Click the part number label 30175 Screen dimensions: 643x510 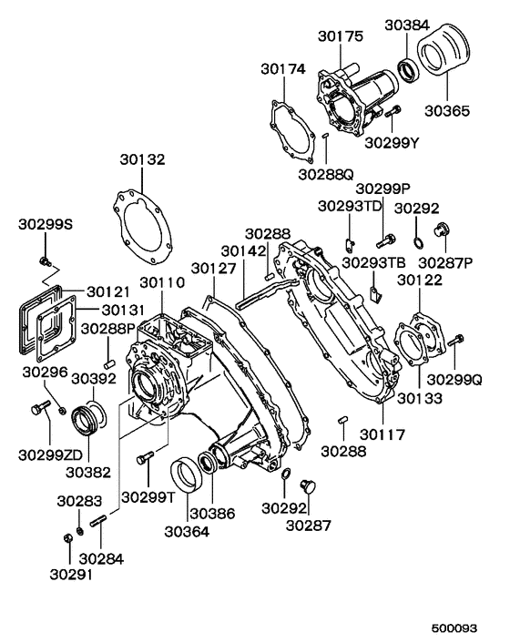point(341,36)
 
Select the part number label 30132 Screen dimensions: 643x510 point(142,160)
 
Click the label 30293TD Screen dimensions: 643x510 point(350,206)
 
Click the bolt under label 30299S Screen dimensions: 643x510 point(44,261)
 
